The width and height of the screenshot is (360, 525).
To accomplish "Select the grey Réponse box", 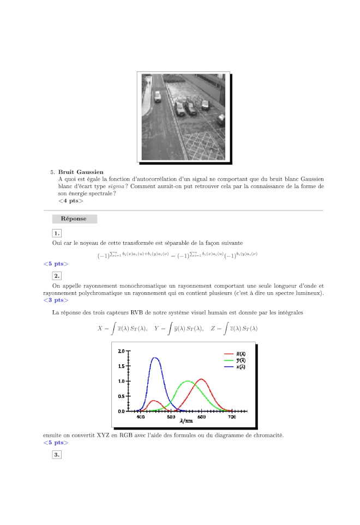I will (75, 219).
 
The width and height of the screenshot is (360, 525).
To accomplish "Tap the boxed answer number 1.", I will (57, 233).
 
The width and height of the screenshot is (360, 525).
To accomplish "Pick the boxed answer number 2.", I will (57, 276).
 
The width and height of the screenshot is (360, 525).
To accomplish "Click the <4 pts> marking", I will (71, 201).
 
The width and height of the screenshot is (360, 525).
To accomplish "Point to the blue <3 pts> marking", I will (56, 299).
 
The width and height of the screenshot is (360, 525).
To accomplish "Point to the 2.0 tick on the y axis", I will (121, 351).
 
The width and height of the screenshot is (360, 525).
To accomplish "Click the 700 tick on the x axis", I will (232, 417).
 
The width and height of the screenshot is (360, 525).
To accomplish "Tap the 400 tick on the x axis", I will (141, 417).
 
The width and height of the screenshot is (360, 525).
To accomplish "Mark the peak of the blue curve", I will (155, 358).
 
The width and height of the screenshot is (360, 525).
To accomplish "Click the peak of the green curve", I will (188, 381).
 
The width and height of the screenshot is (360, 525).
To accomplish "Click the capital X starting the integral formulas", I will (100, 329).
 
